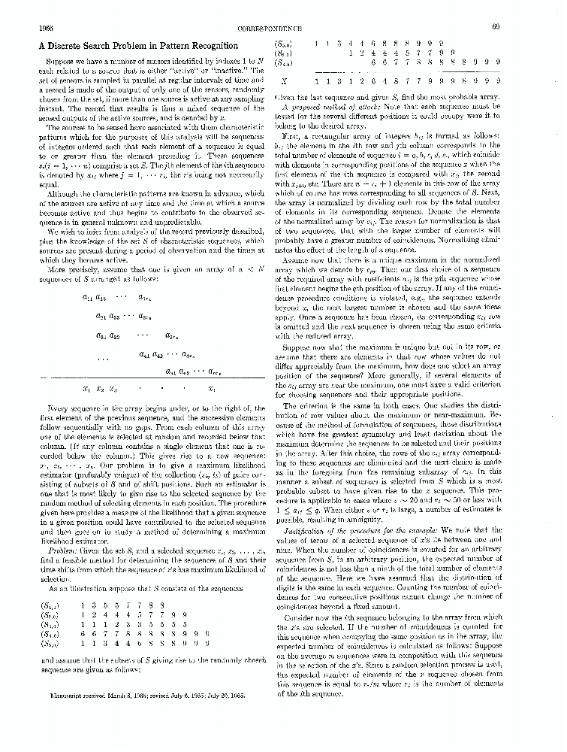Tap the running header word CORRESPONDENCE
(x=284, y=27)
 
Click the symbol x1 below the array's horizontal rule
(x=86, y=390)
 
